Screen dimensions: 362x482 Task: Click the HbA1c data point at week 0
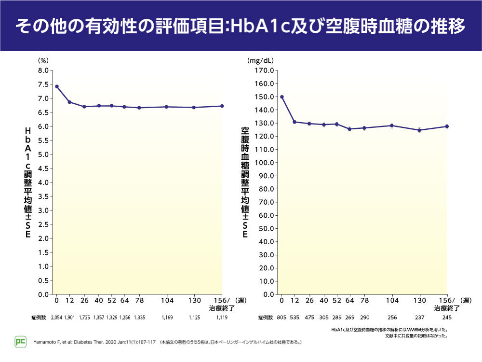(x=57, y=86)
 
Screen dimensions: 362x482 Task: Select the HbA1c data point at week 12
(x=69, y=102)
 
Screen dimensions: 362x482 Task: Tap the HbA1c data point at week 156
(x=222, y=106)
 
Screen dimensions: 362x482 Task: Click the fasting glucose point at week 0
(x=282, y=97)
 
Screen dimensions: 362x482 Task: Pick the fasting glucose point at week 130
(x=419, y=130)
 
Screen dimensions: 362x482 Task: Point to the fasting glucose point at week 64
(x=349, y=129)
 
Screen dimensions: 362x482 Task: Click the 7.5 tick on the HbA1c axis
(x=42, y=84)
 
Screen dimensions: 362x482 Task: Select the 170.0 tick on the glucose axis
(x=264, y=70)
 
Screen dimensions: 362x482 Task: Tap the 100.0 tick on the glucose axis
(x=264, y=163)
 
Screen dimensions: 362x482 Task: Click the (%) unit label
(x=43, y=61)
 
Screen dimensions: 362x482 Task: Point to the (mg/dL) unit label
(x=260, y=61)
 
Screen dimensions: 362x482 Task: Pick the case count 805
(x=282, y=318)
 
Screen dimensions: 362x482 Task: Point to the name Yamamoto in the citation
(x=47, y=342)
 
